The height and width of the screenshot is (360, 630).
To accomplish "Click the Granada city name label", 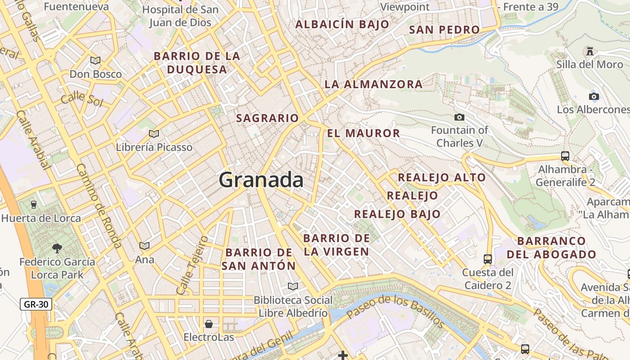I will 261,180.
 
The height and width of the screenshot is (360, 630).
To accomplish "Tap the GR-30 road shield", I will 36,305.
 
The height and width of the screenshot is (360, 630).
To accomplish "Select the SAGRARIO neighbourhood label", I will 267,118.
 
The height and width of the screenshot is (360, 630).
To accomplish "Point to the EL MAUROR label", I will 364,133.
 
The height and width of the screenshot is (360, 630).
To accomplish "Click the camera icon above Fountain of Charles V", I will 459,117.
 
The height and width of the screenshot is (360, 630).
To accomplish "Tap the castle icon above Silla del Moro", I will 590,51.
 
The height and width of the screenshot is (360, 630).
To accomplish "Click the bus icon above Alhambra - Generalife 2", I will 565,156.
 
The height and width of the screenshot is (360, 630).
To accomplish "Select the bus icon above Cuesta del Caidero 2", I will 488,259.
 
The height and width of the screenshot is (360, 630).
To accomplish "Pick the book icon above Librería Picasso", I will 154,134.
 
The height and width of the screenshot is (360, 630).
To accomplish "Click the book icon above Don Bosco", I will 95,60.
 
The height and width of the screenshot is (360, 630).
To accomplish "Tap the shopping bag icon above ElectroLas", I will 209,324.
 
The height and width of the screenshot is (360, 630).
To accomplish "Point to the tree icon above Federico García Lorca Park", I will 57,248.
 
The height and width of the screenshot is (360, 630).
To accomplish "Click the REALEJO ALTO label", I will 441,177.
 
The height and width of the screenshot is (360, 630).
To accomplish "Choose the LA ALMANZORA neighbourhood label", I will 373,84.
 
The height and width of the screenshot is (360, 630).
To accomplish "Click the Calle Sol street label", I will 82,99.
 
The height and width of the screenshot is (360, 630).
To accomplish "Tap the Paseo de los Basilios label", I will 396,310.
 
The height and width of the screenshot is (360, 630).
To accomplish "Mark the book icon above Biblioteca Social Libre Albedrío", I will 293,286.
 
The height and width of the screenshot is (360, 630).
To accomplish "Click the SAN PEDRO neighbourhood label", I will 444,30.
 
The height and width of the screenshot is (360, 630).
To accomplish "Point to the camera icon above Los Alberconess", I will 594,96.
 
